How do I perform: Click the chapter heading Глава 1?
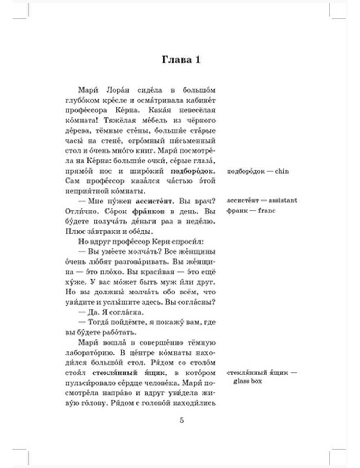(181, 60)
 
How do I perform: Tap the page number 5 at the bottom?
(181, 420)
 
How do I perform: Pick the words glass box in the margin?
(247, 381)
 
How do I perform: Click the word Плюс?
(74, 231)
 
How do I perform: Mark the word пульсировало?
(88, 383)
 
